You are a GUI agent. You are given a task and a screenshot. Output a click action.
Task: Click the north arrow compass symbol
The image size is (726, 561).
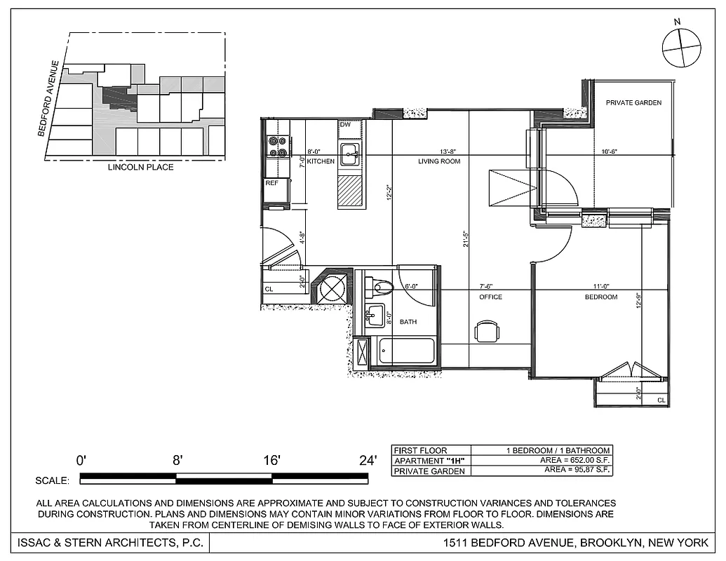(681, 48)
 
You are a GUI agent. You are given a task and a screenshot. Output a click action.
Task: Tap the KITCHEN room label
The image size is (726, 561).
(321, 161)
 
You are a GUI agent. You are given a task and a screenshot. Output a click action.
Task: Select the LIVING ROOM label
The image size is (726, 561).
(439, 161)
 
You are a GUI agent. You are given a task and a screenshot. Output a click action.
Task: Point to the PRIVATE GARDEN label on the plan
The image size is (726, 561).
(633, 103)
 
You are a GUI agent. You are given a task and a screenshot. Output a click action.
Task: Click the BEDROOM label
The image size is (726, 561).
(601, 297)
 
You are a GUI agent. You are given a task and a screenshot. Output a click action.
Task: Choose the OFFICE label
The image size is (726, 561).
(490, 297)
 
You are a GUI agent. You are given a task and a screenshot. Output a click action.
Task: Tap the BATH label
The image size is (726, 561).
(408, 322)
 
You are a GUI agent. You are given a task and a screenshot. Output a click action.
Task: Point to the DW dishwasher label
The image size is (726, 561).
(345, 125)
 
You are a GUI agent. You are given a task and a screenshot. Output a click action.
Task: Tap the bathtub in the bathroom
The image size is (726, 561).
(406, 351)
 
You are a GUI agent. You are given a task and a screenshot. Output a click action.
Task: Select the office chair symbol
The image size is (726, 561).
(486, 331)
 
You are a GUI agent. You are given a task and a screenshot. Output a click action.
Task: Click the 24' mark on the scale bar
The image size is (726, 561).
(368, 461)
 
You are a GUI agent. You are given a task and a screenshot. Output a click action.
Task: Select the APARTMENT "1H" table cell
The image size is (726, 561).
(430, 461)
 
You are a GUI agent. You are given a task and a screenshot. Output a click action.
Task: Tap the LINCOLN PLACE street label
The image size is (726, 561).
(140, 168)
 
